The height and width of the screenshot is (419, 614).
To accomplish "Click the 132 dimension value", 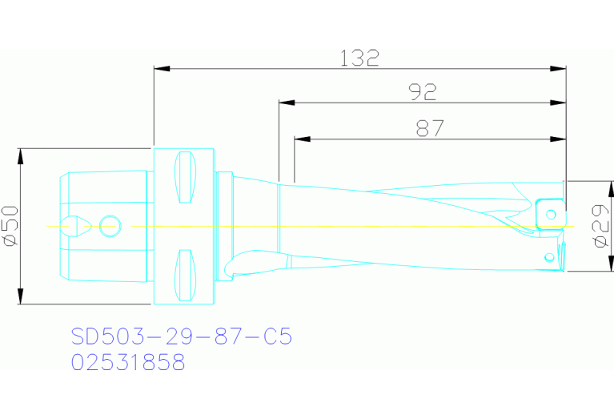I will click(359, 58).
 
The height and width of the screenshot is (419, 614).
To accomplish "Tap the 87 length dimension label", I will click(430, 128).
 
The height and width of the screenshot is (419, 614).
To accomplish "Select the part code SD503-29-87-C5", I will click(181, 336).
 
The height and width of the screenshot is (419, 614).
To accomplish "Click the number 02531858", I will click(128, 362).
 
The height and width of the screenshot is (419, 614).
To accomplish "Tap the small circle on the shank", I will click(109, 226).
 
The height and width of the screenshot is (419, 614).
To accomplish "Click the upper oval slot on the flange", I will click(185, 178).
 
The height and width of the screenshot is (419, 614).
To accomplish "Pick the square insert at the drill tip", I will click(548, 212).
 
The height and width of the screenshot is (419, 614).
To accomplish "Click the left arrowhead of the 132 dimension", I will click(161, 69).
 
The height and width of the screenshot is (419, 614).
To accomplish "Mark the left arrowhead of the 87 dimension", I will click(302, 139).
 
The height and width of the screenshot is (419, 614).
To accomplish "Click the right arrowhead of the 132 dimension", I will click(560, 69).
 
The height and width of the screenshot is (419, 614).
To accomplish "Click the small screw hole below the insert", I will click(548, 257).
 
